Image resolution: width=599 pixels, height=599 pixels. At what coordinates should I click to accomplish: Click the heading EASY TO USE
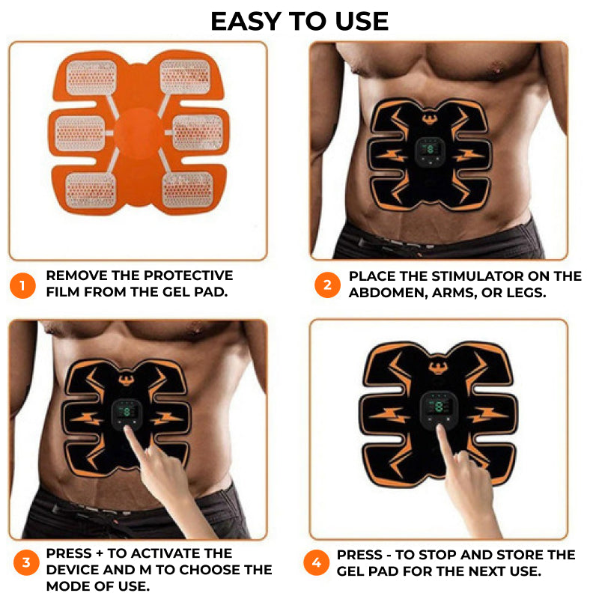click(299, 22)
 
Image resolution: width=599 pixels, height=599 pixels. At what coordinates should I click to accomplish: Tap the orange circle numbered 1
click(22, 285)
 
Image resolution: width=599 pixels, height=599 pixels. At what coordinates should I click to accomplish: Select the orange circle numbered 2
click(327, 285)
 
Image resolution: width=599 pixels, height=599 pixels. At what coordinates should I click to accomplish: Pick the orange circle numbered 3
click(26, 562)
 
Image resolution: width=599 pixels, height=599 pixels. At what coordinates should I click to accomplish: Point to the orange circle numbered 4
click(316, 563)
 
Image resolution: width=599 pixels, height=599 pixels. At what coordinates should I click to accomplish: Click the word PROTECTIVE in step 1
click(188, 276)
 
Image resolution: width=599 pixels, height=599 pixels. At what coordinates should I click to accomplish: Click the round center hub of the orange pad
click(139, 134)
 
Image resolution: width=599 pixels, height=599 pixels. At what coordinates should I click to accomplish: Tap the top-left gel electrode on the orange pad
click(91, 78)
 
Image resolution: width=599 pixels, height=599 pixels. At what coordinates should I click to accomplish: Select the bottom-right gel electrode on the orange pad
click(188, 189)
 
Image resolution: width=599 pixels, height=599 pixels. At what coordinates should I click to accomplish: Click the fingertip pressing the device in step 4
click(441, 429)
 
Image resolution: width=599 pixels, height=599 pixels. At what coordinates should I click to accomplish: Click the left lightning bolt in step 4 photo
click(387, 416)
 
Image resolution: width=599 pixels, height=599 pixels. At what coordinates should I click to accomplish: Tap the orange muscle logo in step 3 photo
click(125, 380)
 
